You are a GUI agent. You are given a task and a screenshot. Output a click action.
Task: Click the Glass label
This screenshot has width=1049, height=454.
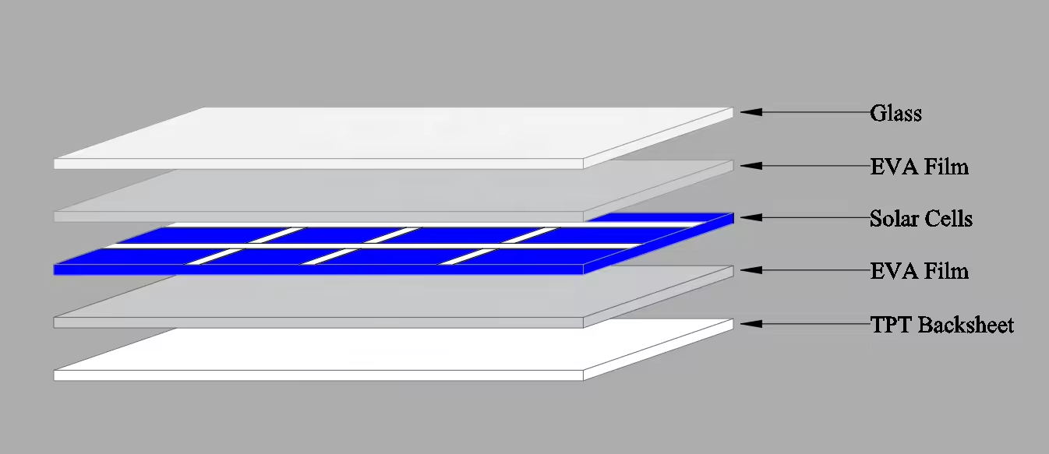point(895,113)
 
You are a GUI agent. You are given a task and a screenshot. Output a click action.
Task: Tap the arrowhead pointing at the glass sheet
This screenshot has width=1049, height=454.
point(751,112)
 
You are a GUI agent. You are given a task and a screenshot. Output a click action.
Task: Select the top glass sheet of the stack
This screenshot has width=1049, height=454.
point(394,138)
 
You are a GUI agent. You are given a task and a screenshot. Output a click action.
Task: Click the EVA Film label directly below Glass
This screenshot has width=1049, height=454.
point(920,167)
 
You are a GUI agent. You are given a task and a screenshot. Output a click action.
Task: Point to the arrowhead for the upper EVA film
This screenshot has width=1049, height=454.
point(751,166)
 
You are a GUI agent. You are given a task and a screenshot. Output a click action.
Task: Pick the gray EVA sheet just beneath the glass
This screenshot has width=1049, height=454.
point(394,192)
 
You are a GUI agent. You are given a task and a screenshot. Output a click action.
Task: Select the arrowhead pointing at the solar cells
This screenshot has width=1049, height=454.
point(751,217)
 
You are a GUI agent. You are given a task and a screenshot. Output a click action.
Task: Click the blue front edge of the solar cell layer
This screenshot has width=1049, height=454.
point(319,269)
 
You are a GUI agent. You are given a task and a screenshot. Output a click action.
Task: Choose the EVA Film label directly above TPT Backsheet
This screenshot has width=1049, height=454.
point(920,271)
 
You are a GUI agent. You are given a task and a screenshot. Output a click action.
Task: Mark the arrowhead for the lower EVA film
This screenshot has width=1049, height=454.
point(751,270)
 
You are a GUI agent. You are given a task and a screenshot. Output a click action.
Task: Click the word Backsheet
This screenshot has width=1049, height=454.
point(966,325)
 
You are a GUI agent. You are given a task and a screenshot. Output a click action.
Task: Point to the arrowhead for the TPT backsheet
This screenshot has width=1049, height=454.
point(751,323)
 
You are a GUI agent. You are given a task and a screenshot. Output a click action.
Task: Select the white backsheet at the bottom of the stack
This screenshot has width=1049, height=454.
point(394,351)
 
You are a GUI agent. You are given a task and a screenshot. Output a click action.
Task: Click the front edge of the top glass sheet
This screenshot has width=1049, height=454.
point(319,164)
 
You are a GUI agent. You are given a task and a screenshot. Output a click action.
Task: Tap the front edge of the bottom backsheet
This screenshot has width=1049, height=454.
point(319,375)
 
